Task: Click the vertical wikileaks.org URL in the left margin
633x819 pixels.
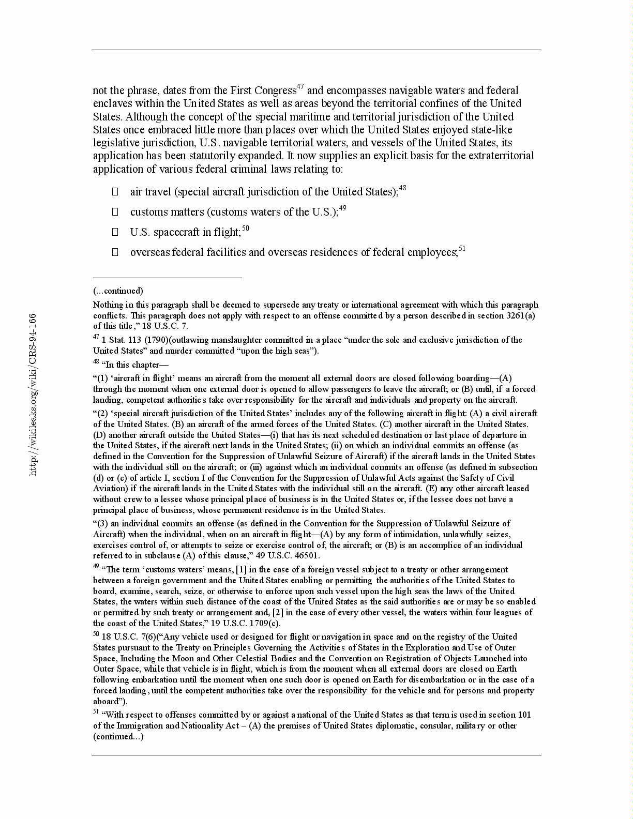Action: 33,395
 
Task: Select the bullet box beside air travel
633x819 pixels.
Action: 115,192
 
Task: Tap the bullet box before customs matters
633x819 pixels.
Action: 115,212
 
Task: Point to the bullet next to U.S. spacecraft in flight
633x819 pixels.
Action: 115,232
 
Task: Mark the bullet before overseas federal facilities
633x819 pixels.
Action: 115,252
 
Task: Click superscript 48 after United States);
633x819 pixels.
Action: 402,188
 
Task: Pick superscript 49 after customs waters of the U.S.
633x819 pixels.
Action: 342,208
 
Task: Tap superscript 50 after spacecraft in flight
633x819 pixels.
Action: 246,229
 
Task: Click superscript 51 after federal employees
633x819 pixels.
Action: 462,249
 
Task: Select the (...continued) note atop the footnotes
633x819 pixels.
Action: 118,291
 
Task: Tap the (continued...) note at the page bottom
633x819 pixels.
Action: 118,736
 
